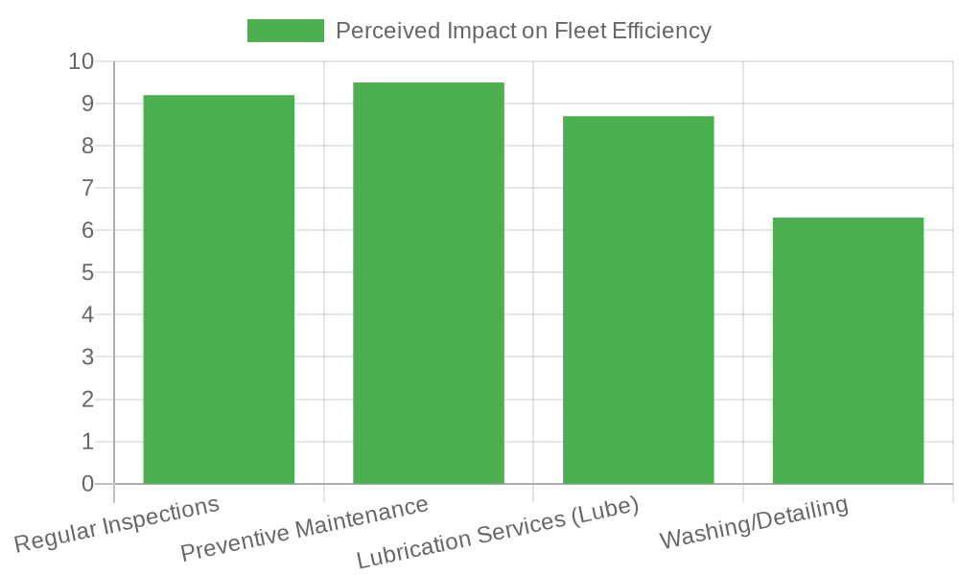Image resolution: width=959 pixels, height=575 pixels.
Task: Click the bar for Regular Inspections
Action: (219, 289)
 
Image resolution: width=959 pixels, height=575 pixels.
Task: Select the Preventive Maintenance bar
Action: (429, 283)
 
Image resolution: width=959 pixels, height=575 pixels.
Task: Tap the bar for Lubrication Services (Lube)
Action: (639, 300)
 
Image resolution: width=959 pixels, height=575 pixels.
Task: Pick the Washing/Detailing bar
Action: (848, 351)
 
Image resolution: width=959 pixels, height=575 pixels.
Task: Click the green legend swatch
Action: (286, 31)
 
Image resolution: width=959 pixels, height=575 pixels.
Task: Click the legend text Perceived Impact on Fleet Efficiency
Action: (524, 31)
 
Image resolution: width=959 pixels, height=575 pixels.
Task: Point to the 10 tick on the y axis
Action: (82, 62)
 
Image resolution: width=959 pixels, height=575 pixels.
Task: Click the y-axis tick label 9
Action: (88, 103)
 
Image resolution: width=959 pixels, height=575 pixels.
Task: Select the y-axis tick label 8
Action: (88, 147)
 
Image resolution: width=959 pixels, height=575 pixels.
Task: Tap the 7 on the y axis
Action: (88, 189)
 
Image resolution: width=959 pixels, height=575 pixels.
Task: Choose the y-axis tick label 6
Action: (88, 231)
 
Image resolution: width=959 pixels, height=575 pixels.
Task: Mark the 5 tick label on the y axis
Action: (88, 273)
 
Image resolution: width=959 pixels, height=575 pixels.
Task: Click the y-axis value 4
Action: (88, 315)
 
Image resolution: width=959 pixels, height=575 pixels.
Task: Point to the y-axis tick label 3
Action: (88, 357)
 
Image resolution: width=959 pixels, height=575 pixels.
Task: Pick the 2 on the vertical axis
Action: (88, 400)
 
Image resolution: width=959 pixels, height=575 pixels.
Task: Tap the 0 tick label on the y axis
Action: (88, 484)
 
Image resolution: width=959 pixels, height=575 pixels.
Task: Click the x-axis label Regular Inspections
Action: (117, 524)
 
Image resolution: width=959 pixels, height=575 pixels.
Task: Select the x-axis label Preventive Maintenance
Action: (304, 530)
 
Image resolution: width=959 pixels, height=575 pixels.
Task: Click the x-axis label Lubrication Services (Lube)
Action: (498, 533)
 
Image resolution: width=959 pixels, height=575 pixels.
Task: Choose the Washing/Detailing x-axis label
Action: (754, 523)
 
